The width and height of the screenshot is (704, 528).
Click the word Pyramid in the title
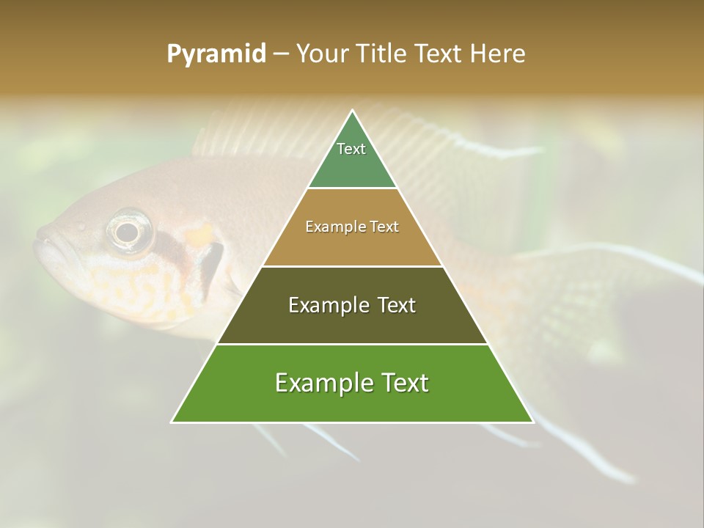tap(216, 54)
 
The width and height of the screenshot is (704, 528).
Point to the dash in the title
tap(281, 54)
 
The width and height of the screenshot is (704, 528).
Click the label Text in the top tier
tap(351, 149)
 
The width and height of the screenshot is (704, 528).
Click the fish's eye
tap(128, 232)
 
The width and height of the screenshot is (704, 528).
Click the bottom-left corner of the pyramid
tap(173, 421)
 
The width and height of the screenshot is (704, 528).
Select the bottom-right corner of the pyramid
tap(532, 421)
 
